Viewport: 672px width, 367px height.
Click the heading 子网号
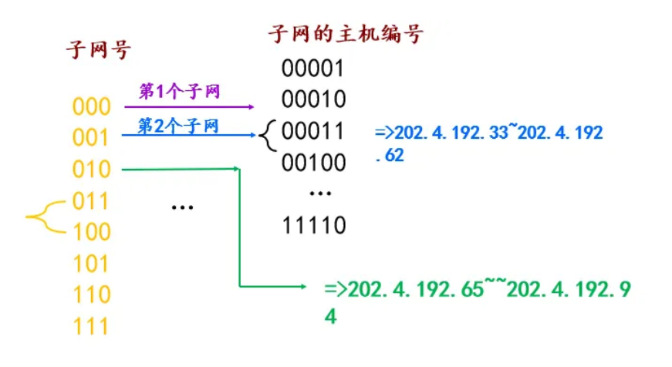pyautogui.click(x=98, y=51)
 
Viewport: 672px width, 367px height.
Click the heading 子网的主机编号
pyautogui.click(x=345, y=34)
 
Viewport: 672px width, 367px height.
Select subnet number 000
pyautogui.click(x=92, y=106)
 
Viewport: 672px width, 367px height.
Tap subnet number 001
pyautogui.click(x=92, y=138)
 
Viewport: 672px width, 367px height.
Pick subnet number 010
pyautogui.click(x=92, y=169)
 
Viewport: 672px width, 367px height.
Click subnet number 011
pyautogui.click(x=92, y=201)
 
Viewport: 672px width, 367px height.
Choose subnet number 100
pyautogui.click(x=92, y=232)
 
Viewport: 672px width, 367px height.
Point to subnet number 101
pyautogui.click(x=92, y=264)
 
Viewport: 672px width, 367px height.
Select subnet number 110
pyautogui.click(x=92, y=295)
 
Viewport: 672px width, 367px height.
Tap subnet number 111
pyautogui.click(x=92, y=326)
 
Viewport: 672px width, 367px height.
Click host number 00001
pyautogui.click(x=312, y=69)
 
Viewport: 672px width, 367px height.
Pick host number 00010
pyautogui.click(x=312, y=100)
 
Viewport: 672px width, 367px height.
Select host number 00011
pyautogui.click(x=312, y=132)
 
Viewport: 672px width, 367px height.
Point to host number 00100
pyautogui.click(x=312, y=163)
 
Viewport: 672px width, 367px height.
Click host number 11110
pyautogui.click(x=312, y=226)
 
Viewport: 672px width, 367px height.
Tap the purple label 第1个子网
pyautogui.click(x=180, y=92)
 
